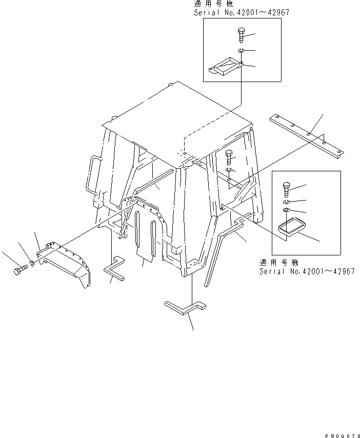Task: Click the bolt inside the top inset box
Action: tap(242, 35)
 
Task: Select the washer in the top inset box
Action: tap(241, 50)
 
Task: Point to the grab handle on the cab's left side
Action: tap(91, 174)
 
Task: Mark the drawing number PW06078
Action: tap(339, 434)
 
